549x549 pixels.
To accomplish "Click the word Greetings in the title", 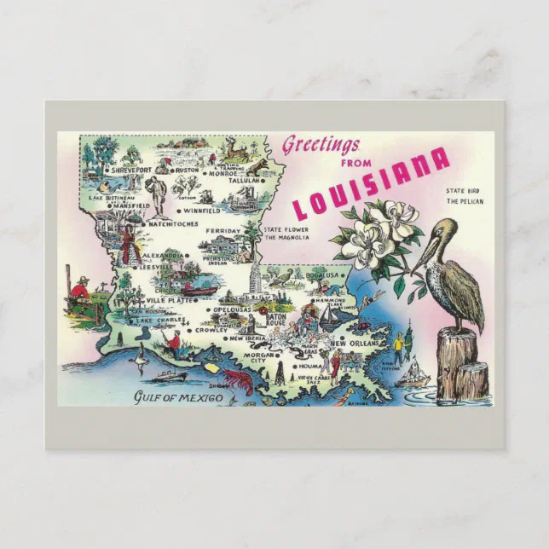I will [321, 144].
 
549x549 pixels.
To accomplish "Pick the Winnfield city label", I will [203, 210].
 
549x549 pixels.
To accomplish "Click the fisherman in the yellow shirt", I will [397, 346].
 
